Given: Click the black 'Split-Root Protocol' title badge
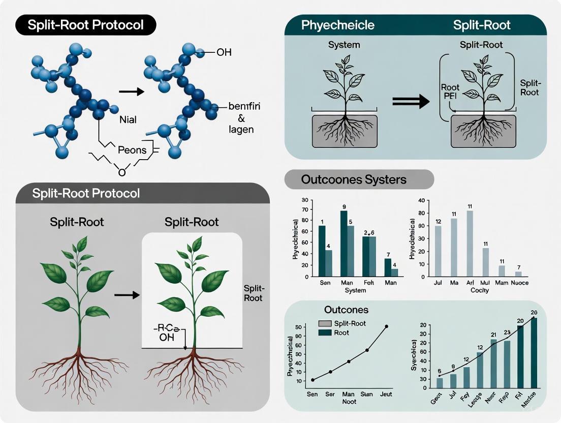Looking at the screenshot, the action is (x=86, y=25).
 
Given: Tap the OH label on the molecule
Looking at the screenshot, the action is (x=224, y=53).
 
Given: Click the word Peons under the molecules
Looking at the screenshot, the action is (x=133, y=151).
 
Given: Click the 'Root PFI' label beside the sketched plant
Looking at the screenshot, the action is (x=450, y=92).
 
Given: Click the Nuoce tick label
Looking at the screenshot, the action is (x=518, y=283).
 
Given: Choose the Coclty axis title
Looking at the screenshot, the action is (x=479, y=290).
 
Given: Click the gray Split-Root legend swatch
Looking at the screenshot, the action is (x=324, y=324).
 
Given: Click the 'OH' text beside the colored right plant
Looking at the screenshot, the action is (x=165, y=337).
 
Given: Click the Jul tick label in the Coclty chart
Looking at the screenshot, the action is (x=438, y=283).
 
